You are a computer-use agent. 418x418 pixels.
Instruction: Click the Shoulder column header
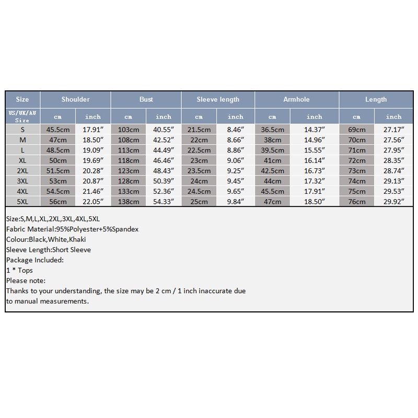tap(75, 99)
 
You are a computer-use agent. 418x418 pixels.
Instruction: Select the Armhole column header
tap(296, 99)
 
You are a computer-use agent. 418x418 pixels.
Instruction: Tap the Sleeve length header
tap(218, 99)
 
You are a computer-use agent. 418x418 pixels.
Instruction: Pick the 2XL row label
tap(22, 170)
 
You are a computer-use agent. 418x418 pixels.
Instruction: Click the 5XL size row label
tap(22, 201)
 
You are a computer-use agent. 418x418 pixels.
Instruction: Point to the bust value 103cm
tap(129, 129)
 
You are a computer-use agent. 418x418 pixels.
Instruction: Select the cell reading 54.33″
tap(164, 201)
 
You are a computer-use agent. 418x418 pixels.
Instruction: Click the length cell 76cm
tap(357, 201)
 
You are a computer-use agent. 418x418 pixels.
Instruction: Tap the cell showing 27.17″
tap(393, 129)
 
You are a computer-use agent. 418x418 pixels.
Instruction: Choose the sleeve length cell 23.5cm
tap(199, 170)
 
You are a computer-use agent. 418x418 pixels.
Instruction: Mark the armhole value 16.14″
tap(315, 160)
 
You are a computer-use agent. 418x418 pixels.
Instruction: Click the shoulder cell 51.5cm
tap(58, 170)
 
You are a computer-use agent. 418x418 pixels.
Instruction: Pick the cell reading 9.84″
tap(236, 201)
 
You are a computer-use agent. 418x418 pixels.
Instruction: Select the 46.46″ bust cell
tap(164, 160)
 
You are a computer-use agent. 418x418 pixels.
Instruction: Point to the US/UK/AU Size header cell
tap(22, 116)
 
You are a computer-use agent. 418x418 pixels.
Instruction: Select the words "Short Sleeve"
tap(71, 250)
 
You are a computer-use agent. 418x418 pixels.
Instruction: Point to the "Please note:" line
tap(27, 281)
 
